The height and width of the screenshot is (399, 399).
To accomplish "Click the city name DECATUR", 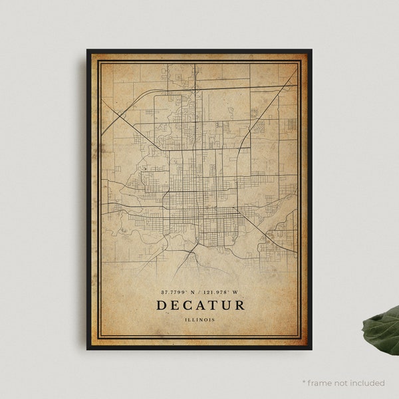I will click(200, 305).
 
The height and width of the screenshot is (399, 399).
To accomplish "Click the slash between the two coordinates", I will click(201, 292).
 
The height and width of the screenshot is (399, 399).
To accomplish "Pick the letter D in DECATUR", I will click(162, 305).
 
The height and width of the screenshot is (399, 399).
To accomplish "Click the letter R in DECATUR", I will click(239, 305).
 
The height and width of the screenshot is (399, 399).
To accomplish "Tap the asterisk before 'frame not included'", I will click(304, 382).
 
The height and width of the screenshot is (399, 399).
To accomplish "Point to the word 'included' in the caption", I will click(367, 383).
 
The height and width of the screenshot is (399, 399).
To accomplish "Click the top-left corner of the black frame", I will click(88, 51).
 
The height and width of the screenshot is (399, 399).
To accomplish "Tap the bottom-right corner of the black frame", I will click(311, 348).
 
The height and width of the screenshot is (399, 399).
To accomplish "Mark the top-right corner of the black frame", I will click(311, 51).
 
